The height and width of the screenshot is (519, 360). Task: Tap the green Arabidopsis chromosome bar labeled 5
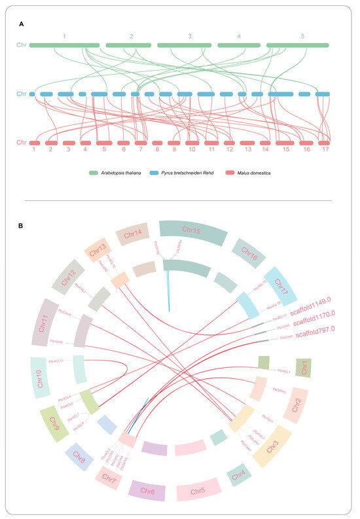point(298,45)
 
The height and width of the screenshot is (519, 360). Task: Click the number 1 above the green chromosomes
point(64,35)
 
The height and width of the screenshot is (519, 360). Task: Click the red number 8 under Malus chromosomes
point(157,151)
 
